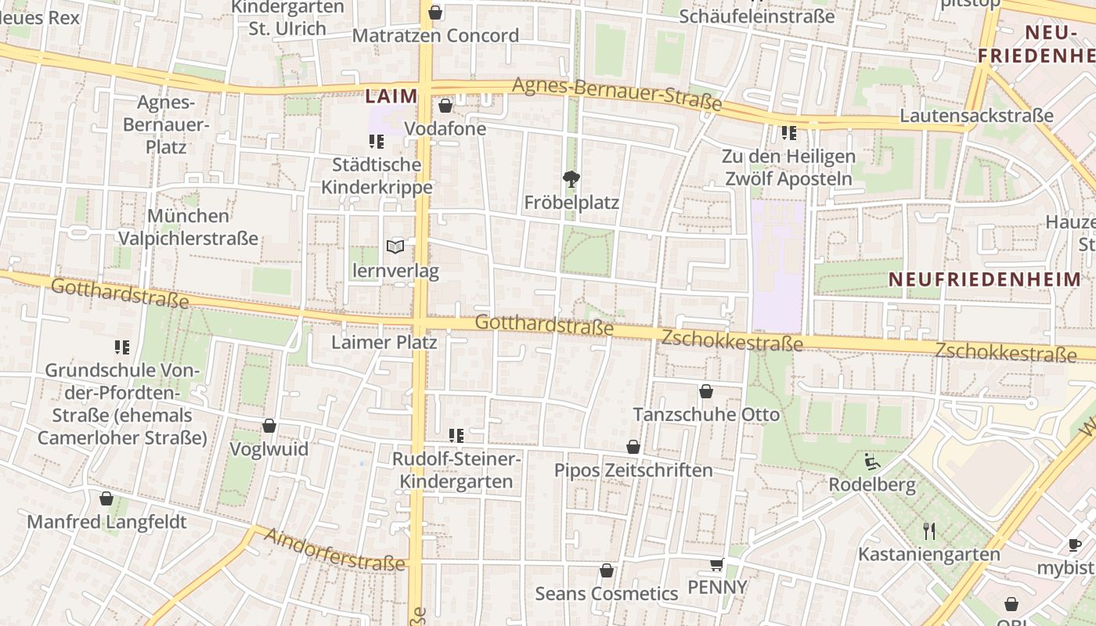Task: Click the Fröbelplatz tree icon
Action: [572, 179]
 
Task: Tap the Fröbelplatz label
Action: [571, 203]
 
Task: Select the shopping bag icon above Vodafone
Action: [445, 105]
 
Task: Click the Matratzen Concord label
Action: [435, 35]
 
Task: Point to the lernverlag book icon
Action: [396, 247]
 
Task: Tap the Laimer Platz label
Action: [384, 342]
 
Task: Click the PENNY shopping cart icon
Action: [716, 564]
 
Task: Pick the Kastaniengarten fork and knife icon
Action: [929, 531]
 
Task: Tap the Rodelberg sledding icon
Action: [872, 462]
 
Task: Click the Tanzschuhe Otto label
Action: [706, 414]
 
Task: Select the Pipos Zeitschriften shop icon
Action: [633, 447]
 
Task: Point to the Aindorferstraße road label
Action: [335, 549]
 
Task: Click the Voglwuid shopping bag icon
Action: [269, 426]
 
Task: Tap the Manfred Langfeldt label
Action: [107, 522]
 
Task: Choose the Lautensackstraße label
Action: [976, 116]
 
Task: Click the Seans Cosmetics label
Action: [607, 593]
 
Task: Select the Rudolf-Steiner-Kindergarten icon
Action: [456, 435]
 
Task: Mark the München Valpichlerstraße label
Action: [188, 227]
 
